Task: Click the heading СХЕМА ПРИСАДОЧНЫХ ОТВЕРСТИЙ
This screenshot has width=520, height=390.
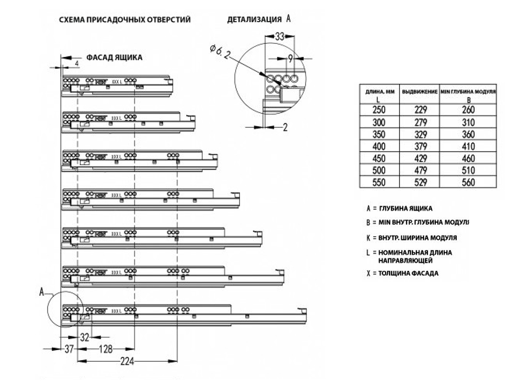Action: (125, 20)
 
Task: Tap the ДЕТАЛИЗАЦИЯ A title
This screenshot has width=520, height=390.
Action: (258, 20)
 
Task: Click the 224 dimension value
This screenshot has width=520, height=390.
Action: (127, 361)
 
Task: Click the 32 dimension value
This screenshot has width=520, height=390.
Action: (85, 338)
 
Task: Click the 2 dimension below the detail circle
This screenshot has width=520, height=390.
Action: (285, 127)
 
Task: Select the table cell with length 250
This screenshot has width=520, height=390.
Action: (378, 110)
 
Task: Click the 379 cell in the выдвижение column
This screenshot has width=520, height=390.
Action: (420, 146)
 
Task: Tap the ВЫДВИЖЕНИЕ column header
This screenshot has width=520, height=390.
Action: (420, 92)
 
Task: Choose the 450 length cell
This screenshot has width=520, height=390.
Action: (378, 158)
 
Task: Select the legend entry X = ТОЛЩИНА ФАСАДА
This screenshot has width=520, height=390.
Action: (402, 274)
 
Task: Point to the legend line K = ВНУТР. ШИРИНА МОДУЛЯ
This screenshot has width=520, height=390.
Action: (411, 238)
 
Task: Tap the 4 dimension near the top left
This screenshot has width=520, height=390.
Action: (77, 63)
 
